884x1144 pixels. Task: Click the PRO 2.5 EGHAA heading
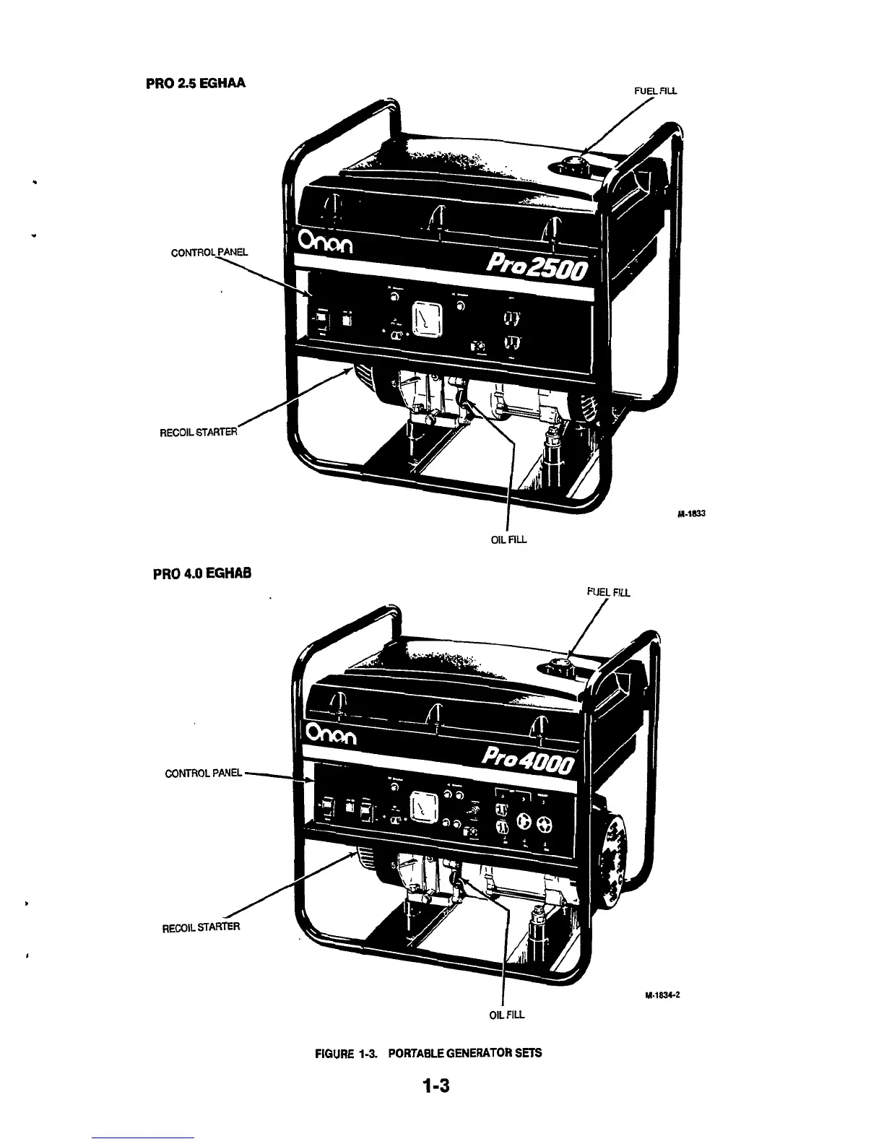point(196,82)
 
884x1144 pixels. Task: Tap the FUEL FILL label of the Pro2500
point(655,91)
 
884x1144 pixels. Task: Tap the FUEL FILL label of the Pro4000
point(609,593)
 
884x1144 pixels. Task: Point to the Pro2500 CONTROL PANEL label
point(209,253)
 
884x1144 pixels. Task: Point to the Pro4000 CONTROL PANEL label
point(204,773)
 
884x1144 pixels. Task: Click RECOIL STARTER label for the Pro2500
point(198,433)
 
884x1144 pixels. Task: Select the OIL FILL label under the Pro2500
point(509,539)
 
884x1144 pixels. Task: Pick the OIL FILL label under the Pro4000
point(507,1015)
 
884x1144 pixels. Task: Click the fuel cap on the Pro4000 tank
point(558,664)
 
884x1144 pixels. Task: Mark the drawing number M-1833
point(691,514)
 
